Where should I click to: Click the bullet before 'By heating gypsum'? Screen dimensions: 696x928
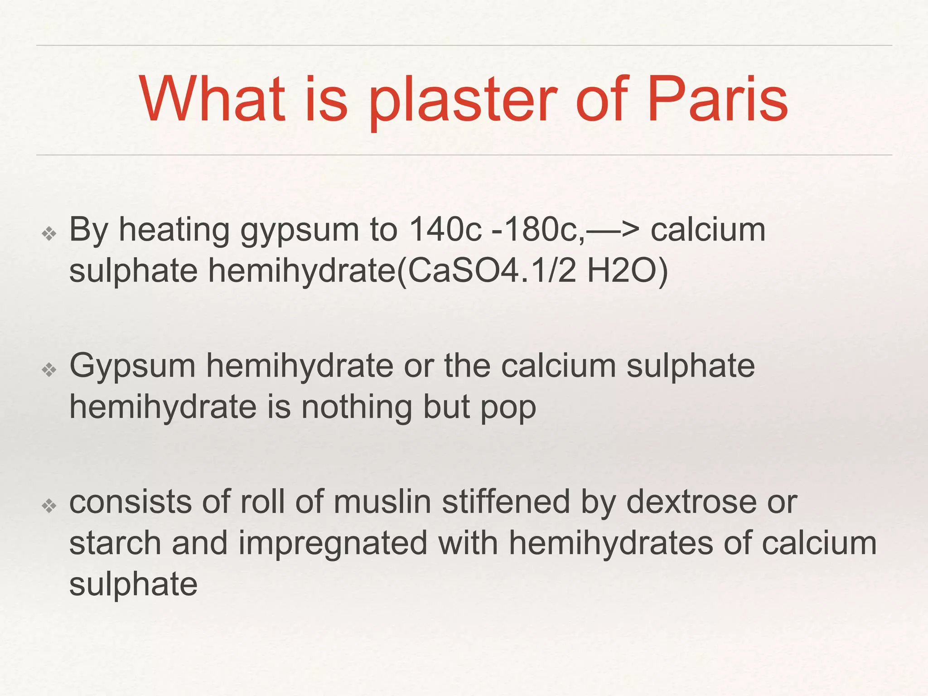click(49, 234)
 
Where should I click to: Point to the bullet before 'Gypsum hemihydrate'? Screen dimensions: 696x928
click(49, 370)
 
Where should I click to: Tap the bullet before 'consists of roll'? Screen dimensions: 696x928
click(49, 506)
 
